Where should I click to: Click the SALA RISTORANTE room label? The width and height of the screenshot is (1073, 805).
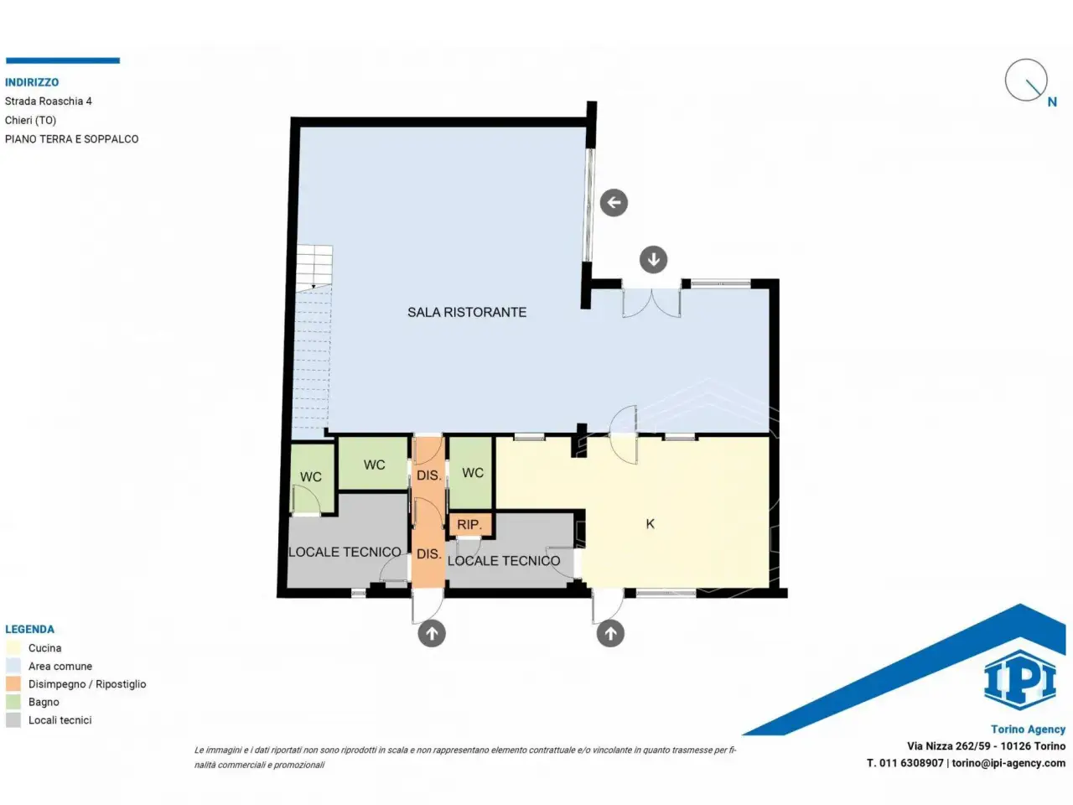pyautogui.click(x=467, y=312)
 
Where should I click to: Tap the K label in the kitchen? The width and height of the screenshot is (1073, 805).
pyautogui.click(x=651, y=524)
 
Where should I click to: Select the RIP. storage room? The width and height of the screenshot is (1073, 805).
pyautogui.click(x=469, y=525)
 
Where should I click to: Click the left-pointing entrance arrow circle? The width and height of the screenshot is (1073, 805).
pyautogui.click(x=614, y=202)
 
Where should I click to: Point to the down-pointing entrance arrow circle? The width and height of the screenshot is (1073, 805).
pyautogui.click(x=654, y=260)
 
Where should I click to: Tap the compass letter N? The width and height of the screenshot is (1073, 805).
pyautogui.click(x=1052, y=102)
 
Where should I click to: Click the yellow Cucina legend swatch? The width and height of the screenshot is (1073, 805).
pyautogui.click(x=13, y=648)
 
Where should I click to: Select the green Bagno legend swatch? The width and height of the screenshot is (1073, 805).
pyautogui.click(x=13, y=702)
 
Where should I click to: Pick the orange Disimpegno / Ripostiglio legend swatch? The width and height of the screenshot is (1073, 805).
pyautogui.click(x=13, y=683)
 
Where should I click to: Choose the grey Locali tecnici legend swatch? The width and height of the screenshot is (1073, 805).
pyautogui.click(x=13, y=720)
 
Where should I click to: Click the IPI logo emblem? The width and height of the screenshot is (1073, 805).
pyautogui.click(x=1019, y=679)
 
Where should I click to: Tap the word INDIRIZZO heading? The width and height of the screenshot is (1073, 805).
pyautogui.click(x=32, y=82)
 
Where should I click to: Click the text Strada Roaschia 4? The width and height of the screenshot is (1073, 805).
pyautogui.click(x=49, y=101)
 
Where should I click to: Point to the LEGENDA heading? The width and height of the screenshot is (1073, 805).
pyautogui.click(x=30, y=629)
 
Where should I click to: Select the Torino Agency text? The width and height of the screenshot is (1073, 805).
pyautogui.click(x=1028, y=730)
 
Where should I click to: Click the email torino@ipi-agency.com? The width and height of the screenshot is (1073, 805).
pyautogui.click(x=1008, y=763)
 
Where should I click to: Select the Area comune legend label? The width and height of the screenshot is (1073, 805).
pyautogui.click(x=60, y=666)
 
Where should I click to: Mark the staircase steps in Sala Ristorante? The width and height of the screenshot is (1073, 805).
pyautogui.click(x=314, y=337)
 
